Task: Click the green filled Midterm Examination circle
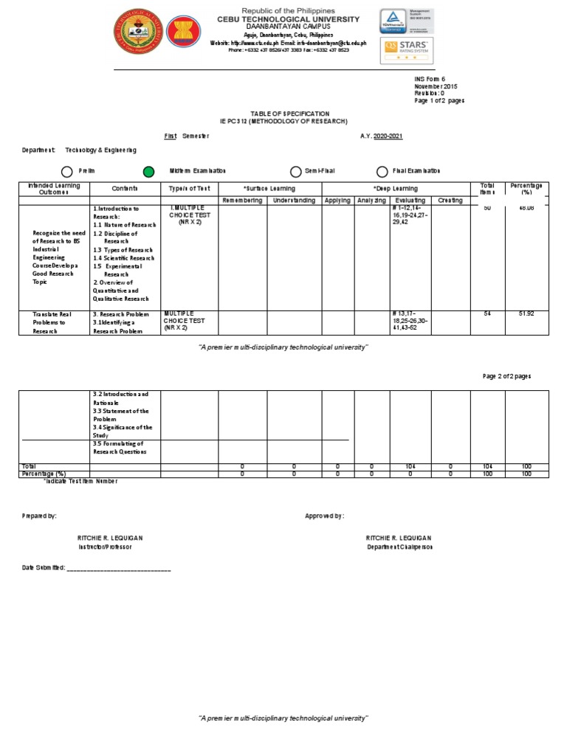pyautogui.click(x=148, y=172)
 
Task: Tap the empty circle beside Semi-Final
pyautogui.click(x=295, y=172)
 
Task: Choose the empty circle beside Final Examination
pyautogui.click(x=382, y=172)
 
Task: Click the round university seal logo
pyautogui.click(x=135, y=34)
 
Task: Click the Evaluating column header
pyautogui.click(x=410, y=201)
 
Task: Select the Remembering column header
pyautogui.click(x=244, y=201)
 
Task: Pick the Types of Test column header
pyautogui.click(x=189, y=189)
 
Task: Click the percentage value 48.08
pyautogui.click(x=526, y=209)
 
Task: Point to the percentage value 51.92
pyautogui.click(x=526, y=314)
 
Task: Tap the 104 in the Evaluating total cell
pyautogui.click(x=410, y=467)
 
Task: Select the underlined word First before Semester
pyautogui.click(x=171, y=136)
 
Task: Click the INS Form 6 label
pyautogui.click(x=430, y=78)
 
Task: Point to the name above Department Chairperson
pyautogui.click(x=399, y=538)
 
